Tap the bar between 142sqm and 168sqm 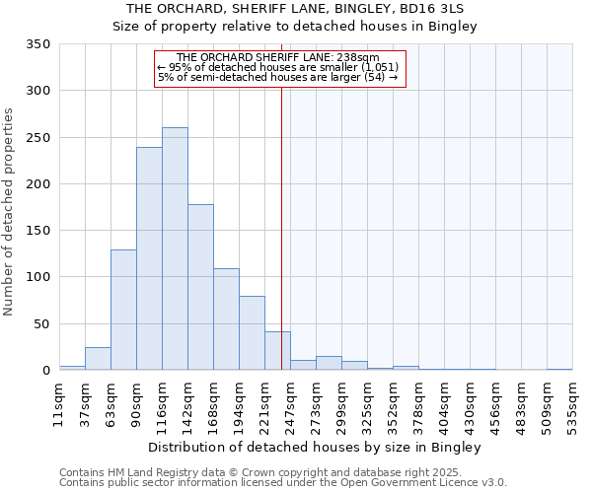[x=200, y=287]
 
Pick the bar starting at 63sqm [x=123, y=310]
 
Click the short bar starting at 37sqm [x=98, y=359]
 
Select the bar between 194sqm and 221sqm [x=252, y=333]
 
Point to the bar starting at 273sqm [x=329, y=363]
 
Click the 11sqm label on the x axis [x=59, y=404]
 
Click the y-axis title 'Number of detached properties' [x=10, y=212]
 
